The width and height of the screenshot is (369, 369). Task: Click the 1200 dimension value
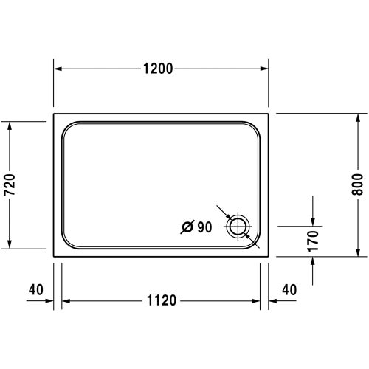tap(158, 69)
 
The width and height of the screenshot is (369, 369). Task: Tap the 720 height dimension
tap(10, 184)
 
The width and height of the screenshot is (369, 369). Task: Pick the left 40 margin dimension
tap(34, 289)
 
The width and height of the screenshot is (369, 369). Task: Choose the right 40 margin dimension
tap(289, 289)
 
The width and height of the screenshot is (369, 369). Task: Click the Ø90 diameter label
tap(196, 227)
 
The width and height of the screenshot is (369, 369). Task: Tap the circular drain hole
tap(238, 227)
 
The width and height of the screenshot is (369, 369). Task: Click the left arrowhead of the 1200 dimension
tap(58, 69)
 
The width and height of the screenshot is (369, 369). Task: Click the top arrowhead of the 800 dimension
tap(358, 119)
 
